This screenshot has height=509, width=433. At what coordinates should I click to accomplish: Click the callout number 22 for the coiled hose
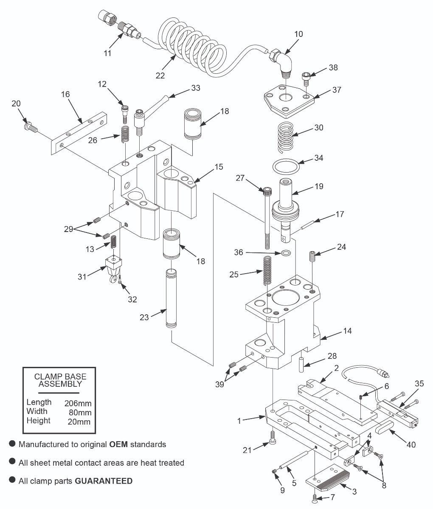[160, 76]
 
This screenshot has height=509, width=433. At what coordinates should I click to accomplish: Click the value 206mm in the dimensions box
[78, 403]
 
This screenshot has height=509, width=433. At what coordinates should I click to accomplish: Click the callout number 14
[347, 331]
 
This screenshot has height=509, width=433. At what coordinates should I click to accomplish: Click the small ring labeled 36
[286, 253]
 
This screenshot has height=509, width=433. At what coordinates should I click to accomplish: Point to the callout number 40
[411, 445]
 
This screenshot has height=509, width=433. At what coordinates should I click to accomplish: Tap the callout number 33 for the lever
[195, 88]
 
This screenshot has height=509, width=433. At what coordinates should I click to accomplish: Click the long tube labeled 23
[172, 299]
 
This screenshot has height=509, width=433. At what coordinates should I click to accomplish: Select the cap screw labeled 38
[306, 78]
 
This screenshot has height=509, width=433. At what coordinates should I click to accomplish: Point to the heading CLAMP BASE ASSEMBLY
[60, 380]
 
